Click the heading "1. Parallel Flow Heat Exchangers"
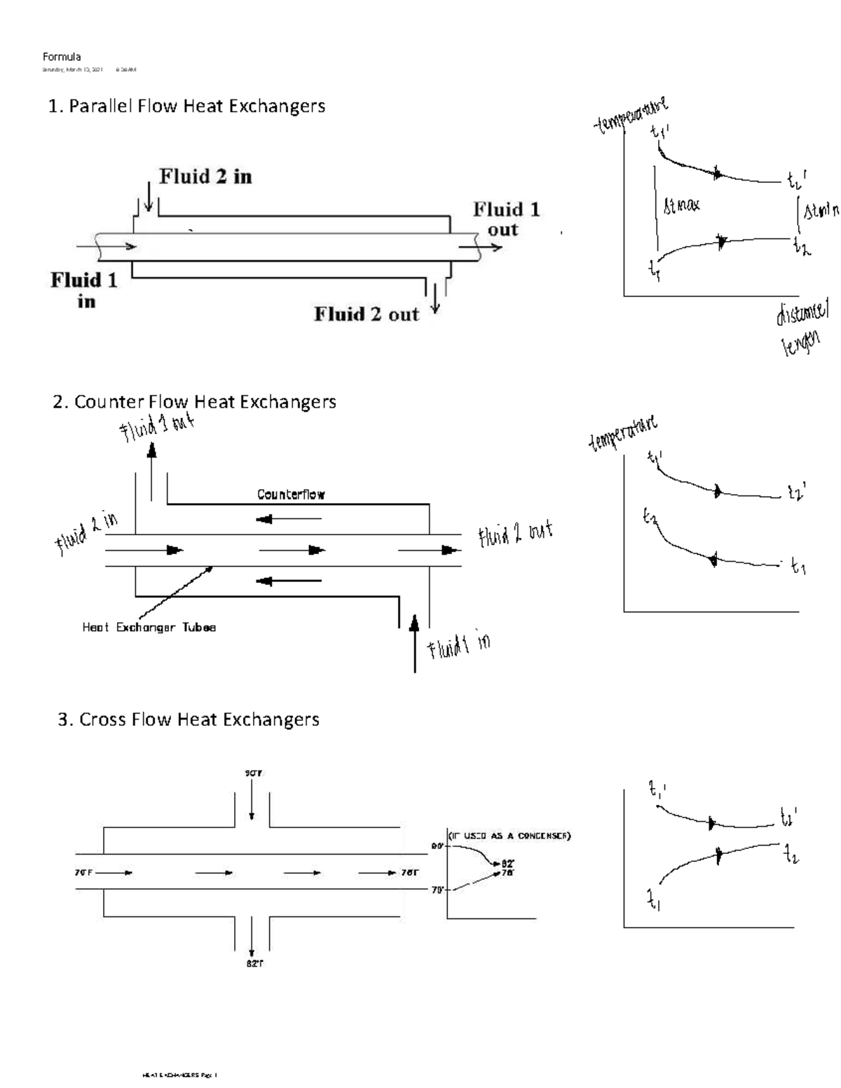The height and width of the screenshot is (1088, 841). pyautogui.click(x=186, y=106)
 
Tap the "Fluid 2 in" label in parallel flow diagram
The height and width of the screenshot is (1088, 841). pyautogui.click(x=205, y=177)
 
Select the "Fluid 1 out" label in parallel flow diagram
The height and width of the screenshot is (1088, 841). pyautogui.click(x=505, y=219)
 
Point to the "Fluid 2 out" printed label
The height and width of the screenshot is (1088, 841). pyautogui.click(x=366, y=315)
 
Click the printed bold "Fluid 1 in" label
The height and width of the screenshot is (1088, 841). pyautogui.click(x=84, y=290)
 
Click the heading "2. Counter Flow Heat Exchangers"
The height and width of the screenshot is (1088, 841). pyautogui.click(x=195, y=402)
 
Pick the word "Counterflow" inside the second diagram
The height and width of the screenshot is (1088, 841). pyautogui.click(x=291, y=495)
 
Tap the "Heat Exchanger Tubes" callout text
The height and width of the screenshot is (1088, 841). pyautogui.click(x=149, y=628)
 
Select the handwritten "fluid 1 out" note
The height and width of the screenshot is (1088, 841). pyautogui.click(x=156, y=427)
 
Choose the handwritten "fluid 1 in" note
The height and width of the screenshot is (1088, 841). pyautogui.click(x=459, y=647)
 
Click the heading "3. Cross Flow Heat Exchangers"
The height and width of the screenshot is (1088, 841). pyautogui.click(x=189, y=720)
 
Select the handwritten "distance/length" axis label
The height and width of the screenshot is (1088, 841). pyautogui.click(x=801, y=327)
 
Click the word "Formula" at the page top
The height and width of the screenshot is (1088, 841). pyautogui.click(x=62, y=57)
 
